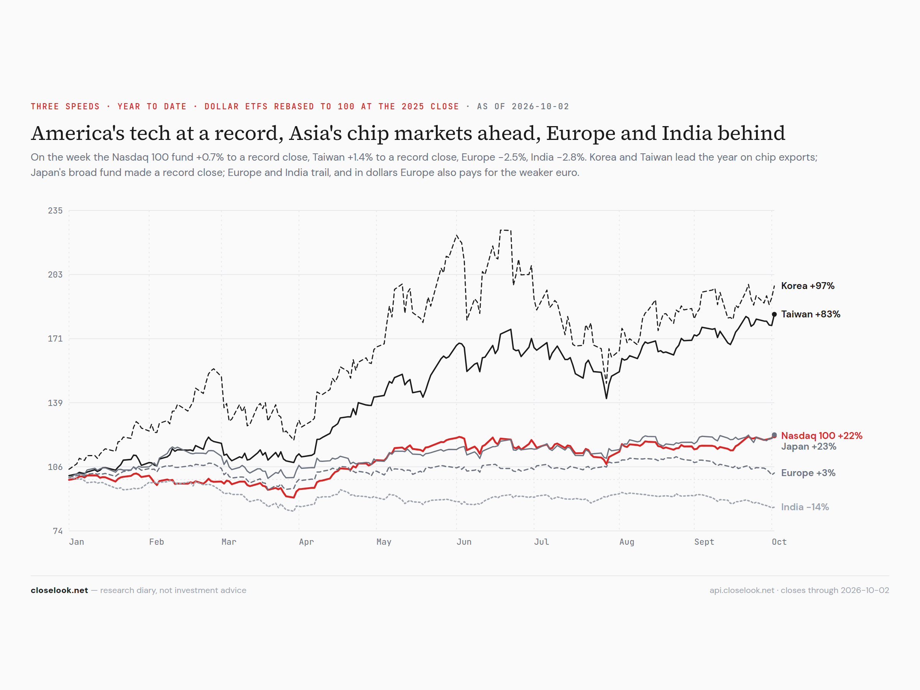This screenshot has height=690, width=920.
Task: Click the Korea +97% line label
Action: (x=807, y=286)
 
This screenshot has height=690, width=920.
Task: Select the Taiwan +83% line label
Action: (x=810, y=314)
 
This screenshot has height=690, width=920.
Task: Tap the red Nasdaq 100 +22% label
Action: (x=821, y=435)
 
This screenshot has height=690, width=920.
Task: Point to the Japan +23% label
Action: (x=808, y=446)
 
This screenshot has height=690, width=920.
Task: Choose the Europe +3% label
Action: (x=808, y=473)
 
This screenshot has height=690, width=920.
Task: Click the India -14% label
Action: (x=805, y=507)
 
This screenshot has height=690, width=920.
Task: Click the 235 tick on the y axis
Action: (x=55, y=211)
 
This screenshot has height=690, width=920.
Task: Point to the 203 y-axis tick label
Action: (x=55, y=274)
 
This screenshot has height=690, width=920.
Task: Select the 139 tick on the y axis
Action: (x=55, y=403)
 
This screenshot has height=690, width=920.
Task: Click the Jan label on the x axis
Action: (x=77, y=542)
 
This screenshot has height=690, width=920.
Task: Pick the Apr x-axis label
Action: (x=307, y=542)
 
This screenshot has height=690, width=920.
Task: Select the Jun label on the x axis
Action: (x=464, y=542)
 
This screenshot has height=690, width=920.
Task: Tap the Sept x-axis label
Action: (x=704, y=542)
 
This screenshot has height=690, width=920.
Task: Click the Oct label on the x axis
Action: (x=779, y=542)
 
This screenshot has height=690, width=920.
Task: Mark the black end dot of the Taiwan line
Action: (x=774, y=314)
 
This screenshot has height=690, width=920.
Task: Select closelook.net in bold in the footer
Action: (x=59, y=590)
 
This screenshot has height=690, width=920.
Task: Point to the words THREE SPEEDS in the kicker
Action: (x=65, y=107)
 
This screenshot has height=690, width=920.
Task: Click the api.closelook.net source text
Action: (x=742, y=590)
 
